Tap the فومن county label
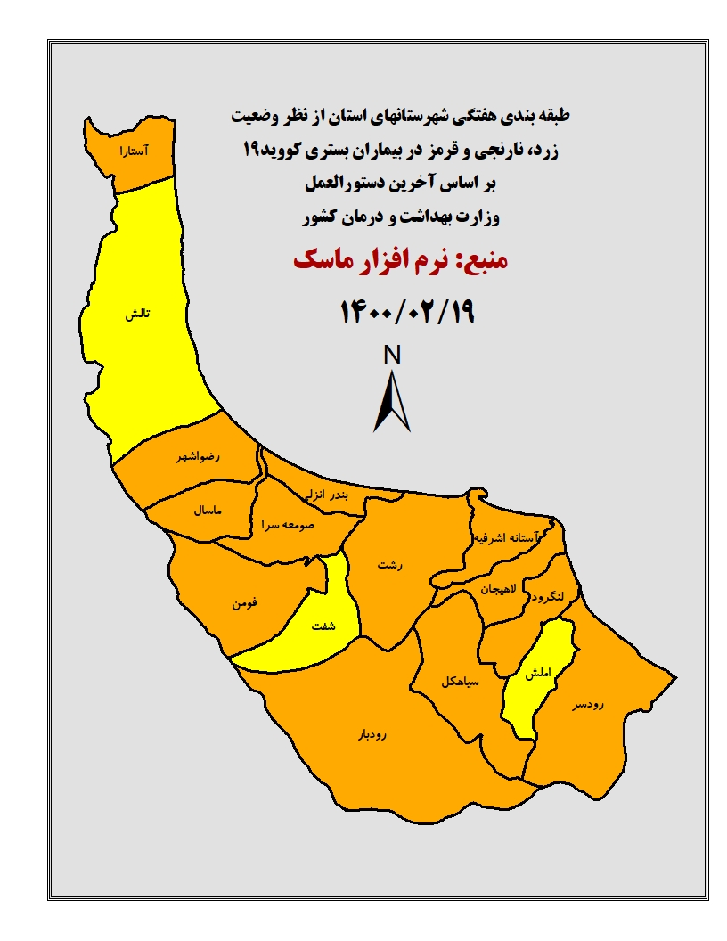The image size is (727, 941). (x=246, y=603)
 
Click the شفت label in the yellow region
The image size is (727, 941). (x=323, y=626)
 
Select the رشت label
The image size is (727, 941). (x=389, y=565)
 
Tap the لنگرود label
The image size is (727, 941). (x=544, y=597)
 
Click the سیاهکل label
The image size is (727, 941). (x=459, y=681)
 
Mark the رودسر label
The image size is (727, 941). (x=588, y=705)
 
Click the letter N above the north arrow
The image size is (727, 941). (x=392, y=355)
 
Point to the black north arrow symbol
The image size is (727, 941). (x=392, y=401)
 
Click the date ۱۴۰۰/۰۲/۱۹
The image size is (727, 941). (x=407, y=311)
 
